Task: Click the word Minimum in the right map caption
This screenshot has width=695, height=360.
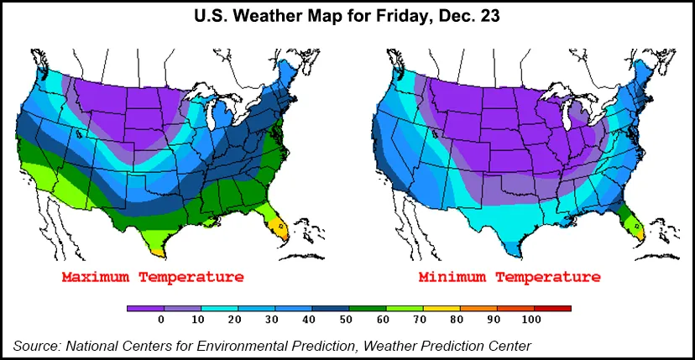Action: [x=453, y=277]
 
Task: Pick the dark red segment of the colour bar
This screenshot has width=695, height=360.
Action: [x=551, y=309]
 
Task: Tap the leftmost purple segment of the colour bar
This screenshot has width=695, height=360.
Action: [x=144, y=309]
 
